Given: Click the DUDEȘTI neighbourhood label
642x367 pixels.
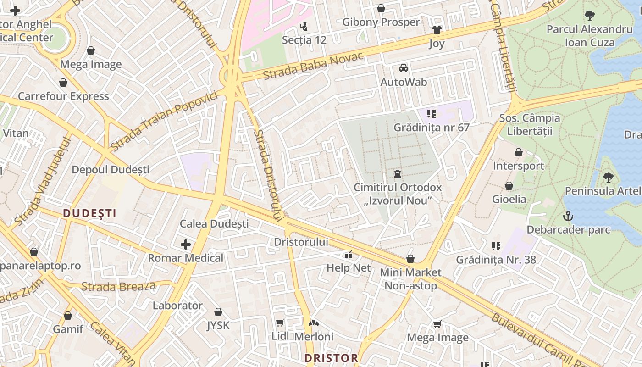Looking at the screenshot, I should tap(89, 213).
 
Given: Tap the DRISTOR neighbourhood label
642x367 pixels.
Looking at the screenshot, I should tap(331, 358).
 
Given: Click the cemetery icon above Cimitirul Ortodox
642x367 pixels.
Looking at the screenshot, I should tap(397, 174).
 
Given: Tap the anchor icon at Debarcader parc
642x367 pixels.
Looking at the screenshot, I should tap(568, 216).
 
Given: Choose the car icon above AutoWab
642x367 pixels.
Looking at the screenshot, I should tap(404, 68).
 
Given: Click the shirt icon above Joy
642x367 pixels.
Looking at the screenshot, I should tap(437, 30).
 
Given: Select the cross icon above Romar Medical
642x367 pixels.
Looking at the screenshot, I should tap(186, 245).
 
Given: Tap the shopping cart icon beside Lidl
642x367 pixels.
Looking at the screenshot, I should tap(280, 323).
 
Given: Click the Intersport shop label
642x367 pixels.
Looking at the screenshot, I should tap(518, 166).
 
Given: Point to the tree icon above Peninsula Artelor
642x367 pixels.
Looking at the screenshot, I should tap(609, 177).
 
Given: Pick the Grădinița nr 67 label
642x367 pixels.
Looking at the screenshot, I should tap(431, 127).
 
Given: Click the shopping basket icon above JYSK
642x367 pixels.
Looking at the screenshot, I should tap(218, 312).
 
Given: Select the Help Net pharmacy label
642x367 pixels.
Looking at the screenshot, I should tap(349, 267).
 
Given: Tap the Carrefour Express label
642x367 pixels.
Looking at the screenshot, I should tap(63, 96).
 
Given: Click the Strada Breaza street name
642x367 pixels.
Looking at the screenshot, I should tap(118, 287).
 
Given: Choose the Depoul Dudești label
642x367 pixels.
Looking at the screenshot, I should tap(111, 170).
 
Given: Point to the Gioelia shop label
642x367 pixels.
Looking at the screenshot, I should tap(509, 199).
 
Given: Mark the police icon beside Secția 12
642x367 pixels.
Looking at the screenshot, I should tap(303, 27).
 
